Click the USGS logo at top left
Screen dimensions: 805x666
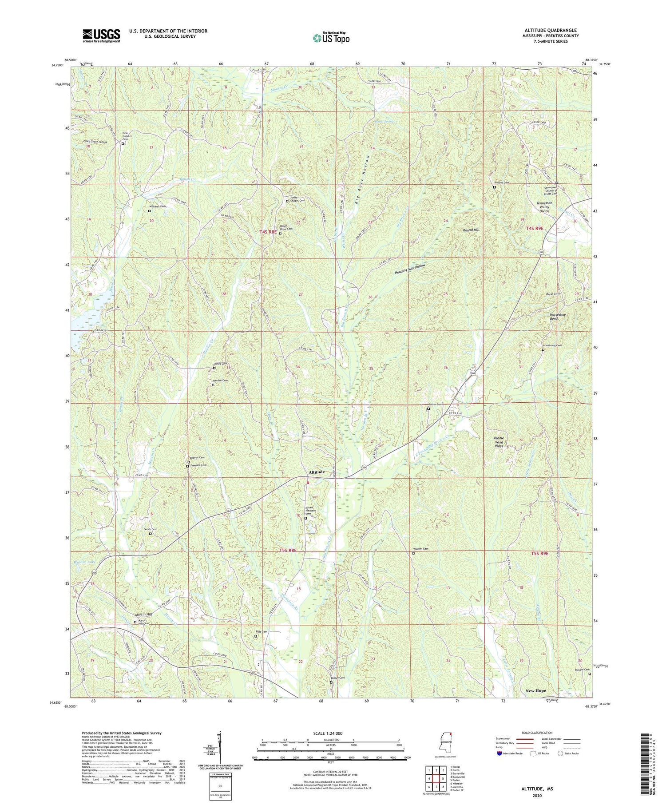click(x=101, y=36)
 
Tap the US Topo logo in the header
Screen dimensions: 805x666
click(x=331, y=38)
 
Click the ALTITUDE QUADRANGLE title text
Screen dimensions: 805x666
click(x=550, y=30)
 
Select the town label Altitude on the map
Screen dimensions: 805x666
click(x=314, y=472)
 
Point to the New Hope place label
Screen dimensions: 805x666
click(x=535, y=691)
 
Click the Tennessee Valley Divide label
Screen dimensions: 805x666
click(x=544, y=207)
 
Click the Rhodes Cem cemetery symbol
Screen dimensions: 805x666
click(x=494, y=187)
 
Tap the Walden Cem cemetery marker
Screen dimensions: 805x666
click(x=413, y=554)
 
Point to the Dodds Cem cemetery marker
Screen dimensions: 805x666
click(x=150, y=534)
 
